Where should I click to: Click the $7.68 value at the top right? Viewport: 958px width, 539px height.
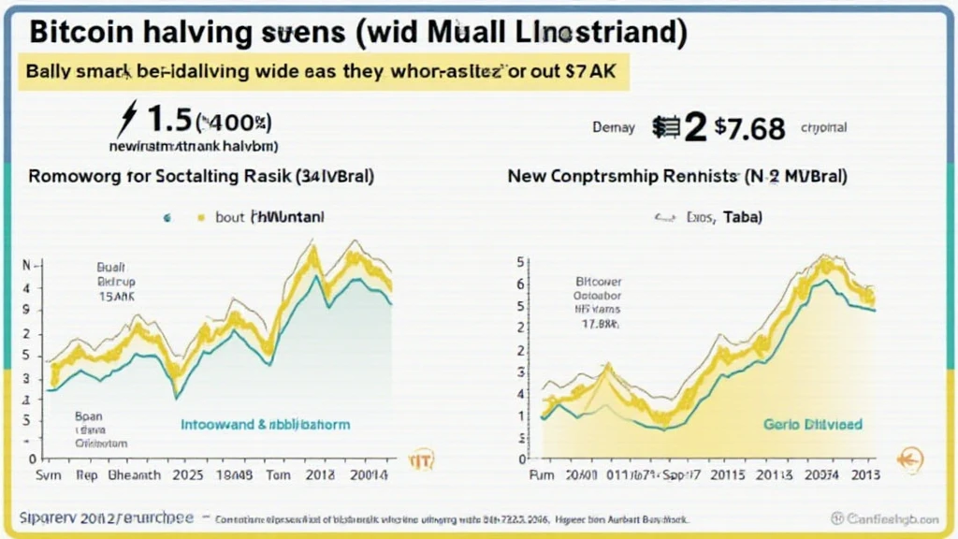tap(749, 127)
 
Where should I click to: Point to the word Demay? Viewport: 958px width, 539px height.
tap(614, 127)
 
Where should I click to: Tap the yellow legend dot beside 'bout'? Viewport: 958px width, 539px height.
tap(199, 218)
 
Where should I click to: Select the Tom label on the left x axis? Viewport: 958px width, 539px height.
tap(279, 474)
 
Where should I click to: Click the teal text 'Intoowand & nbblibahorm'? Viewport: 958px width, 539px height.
tap(265, 425)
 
